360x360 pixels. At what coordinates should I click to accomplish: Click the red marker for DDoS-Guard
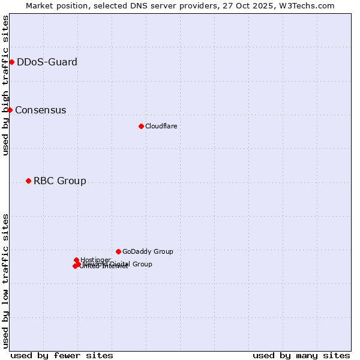click(x=11, y=62)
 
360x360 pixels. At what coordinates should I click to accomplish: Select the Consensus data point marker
click(x=10, y=110)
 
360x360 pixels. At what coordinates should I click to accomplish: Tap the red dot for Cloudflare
click(x=141, y=126)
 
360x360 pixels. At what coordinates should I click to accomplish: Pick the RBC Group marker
click(x=28, y=181)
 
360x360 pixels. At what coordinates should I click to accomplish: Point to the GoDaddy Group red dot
click(x=118, y=251)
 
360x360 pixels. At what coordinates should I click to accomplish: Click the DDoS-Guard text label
click(x=47, y=62)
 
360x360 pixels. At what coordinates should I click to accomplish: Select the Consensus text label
click(x=40, y=110)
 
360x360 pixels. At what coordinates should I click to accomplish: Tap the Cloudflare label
click(x=161, y=126)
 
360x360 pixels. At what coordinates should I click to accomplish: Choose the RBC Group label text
click(x=59, y=181)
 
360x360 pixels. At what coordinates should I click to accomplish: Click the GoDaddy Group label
click(x=148, y=251)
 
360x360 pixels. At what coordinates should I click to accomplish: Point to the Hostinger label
click(x=95, y=260)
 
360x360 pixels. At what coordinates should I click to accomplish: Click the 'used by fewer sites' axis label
click(x=62, y=355)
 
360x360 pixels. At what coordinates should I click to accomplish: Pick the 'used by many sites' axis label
click(x=301, y=355)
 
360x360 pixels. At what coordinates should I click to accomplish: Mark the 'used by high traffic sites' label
click(x=5, y=85)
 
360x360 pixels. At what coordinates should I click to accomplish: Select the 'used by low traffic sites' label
click(x=5, y=281)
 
